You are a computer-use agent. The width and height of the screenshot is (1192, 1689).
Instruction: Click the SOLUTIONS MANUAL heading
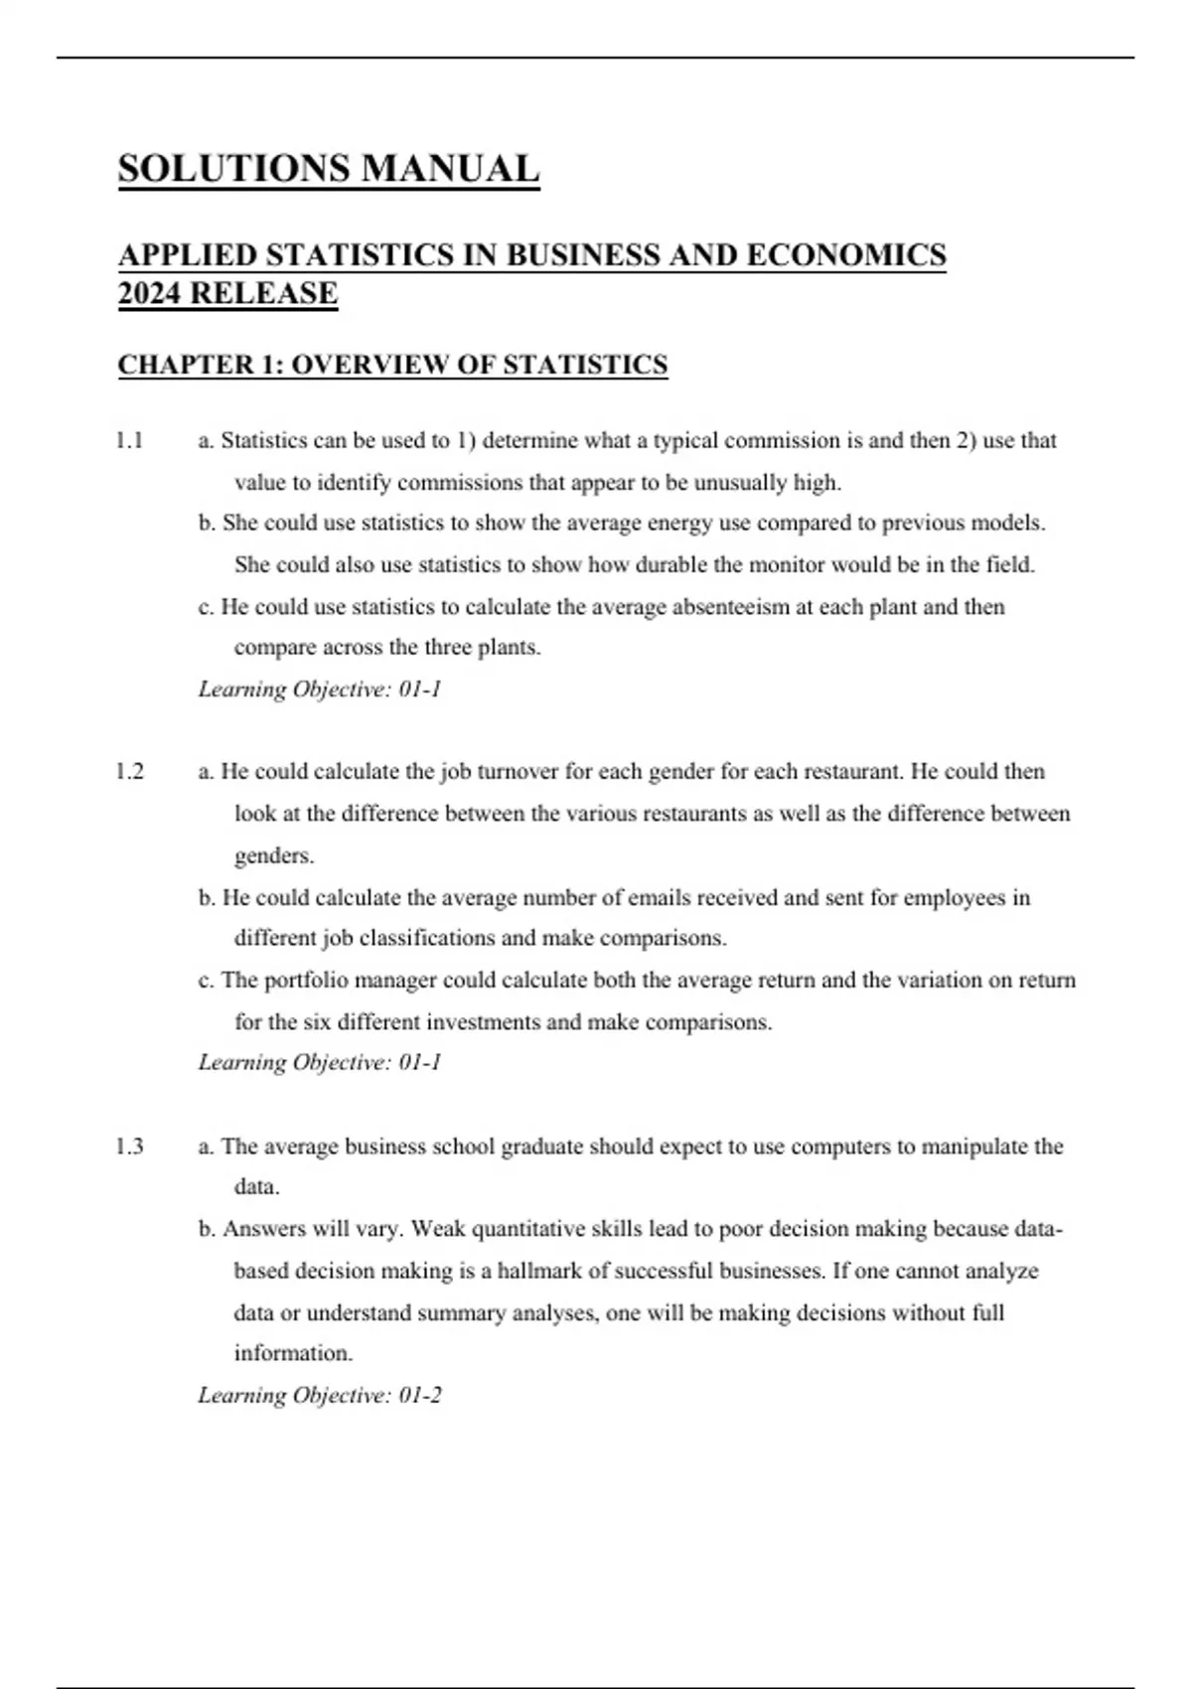329,169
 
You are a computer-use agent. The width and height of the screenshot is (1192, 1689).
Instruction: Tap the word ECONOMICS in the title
845,255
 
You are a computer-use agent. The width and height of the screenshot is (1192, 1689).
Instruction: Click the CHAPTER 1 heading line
392,365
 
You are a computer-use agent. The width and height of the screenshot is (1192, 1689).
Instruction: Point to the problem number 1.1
129,440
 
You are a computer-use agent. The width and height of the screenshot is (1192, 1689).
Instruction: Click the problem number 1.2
129,771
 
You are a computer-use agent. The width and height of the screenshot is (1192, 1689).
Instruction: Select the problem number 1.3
129,1147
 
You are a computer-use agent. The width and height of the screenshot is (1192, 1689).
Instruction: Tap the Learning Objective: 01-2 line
320,1395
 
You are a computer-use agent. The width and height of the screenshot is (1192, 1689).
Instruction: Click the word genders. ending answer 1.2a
274,855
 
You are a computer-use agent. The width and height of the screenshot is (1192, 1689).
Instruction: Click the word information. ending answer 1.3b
293,1353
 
